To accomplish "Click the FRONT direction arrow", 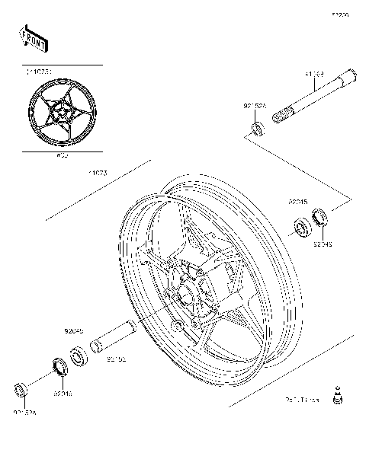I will pyautogui.click(x=34, y=38).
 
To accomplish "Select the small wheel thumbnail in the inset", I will pyautogui.click(x=60, y=113).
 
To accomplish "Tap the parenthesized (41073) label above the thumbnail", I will pyautogui.click(x=39, y=72).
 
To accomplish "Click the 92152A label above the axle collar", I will pyautogui.click(x=255, y=106).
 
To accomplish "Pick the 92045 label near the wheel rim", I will pyautogui.click(x=297, y=203).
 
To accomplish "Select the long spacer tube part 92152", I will pyautogui.click(x=113, y=336).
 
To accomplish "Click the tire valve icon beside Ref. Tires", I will pyautogui.click(x=336, y=395).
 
